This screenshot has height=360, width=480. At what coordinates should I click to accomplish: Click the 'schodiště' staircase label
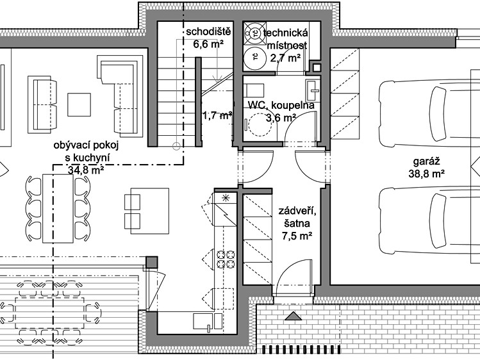(x=208, y=32)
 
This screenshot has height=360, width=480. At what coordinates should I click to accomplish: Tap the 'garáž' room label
(x=426, y=162)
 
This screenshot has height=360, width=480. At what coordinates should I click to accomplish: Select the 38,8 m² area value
(x=426, y=174)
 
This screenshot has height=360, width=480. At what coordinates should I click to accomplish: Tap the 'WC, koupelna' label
(x=281, y=105)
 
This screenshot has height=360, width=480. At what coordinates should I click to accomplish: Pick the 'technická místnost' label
(x=285, y=39)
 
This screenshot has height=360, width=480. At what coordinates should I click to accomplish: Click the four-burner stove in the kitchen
(x=226, y=259)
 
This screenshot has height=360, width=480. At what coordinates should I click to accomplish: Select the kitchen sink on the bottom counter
(x=208, y=322)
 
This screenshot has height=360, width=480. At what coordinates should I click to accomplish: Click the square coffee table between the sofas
(x=79, y=104)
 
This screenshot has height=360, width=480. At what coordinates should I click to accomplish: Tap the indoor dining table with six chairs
(x=58, y=209)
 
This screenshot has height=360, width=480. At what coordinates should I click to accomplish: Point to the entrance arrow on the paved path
(x=294, y=316)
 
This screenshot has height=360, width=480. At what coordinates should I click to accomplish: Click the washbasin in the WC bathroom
(x=312, y=90)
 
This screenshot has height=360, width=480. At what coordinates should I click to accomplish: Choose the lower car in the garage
(x=429, y=221)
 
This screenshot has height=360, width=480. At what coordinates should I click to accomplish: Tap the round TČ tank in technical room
(x=254, y=57)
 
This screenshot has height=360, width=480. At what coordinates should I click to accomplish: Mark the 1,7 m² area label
(x=217, y=116)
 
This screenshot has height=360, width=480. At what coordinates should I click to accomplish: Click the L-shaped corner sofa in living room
(x=120, y=95)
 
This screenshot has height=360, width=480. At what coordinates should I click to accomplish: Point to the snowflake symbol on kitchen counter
(x=226, y=197)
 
